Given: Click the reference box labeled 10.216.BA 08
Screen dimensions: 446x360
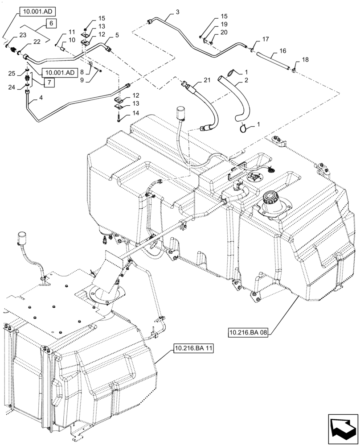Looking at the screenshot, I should click(x=249, y=332).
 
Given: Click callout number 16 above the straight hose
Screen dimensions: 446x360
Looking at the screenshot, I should click(x=283, y=51).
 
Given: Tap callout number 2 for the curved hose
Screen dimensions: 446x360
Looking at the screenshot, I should click(x=245, y=81).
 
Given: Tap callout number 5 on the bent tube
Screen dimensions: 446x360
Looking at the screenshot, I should click(x=117, y=35).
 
